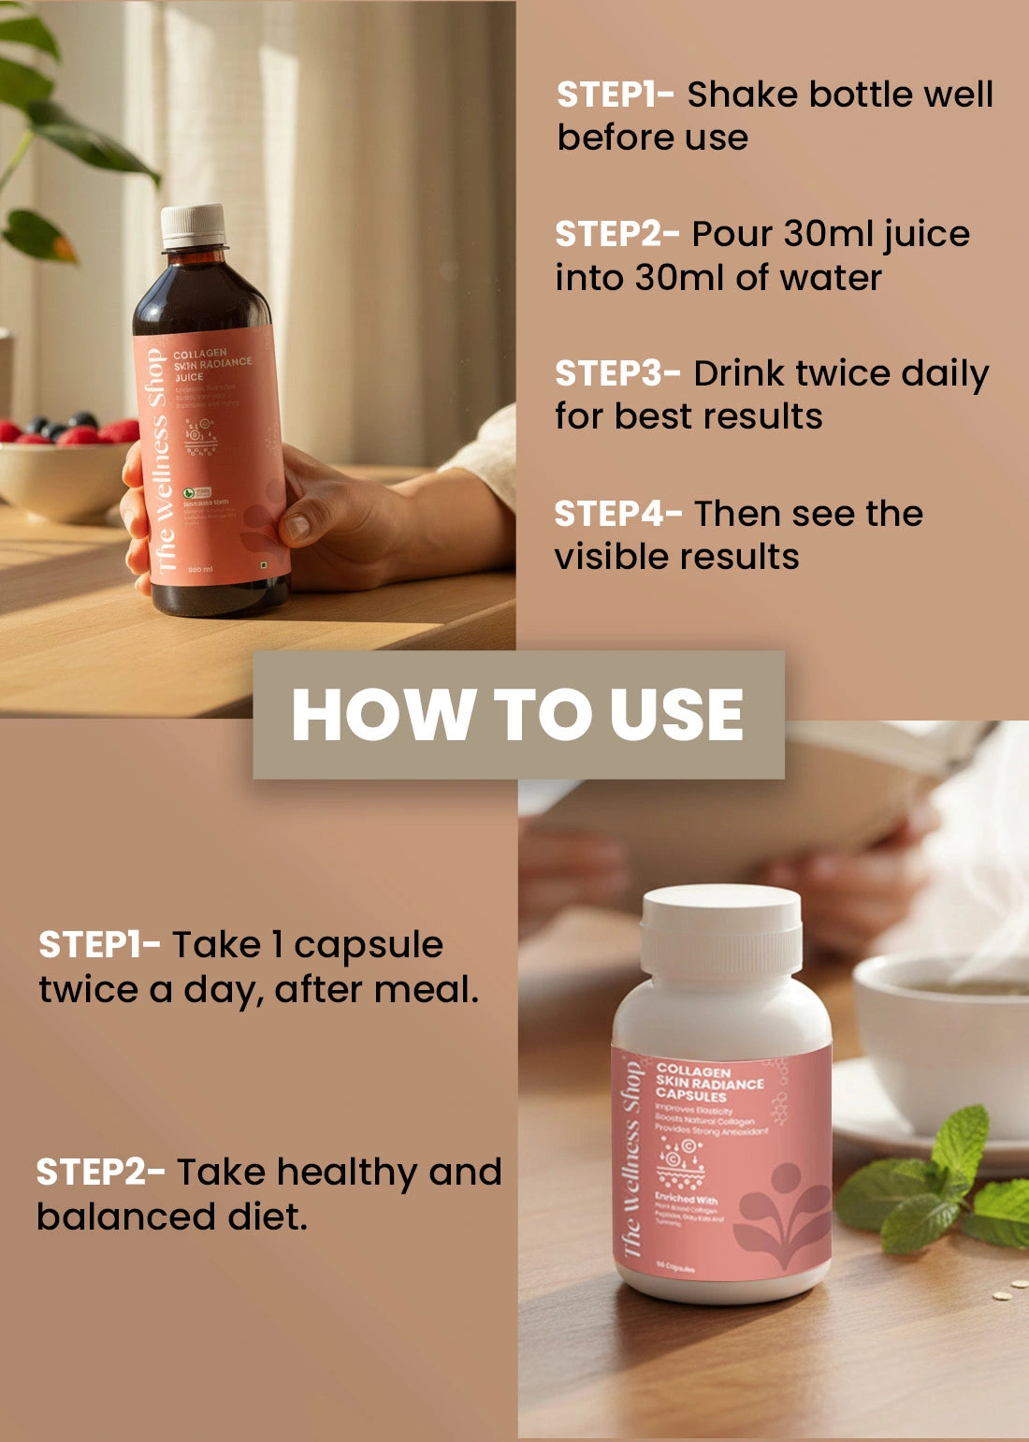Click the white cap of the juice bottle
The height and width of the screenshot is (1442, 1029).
click(x=194, y=226)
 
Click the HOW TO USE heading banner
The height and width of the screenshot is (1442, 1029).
click(x=518, y=715)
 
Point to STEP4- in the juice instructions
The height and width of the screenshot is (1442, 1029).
click(x=617, y=514)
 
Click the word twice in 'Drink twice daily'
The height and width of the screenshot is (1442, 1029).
click(x=840, y=373)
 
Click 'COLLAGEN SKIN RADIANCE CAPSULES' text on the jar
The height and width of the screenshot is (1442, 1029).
click(x=708, y=1083)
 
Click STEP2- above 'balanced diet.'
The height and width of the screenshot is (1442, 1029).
click(x=100, y=1172)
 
